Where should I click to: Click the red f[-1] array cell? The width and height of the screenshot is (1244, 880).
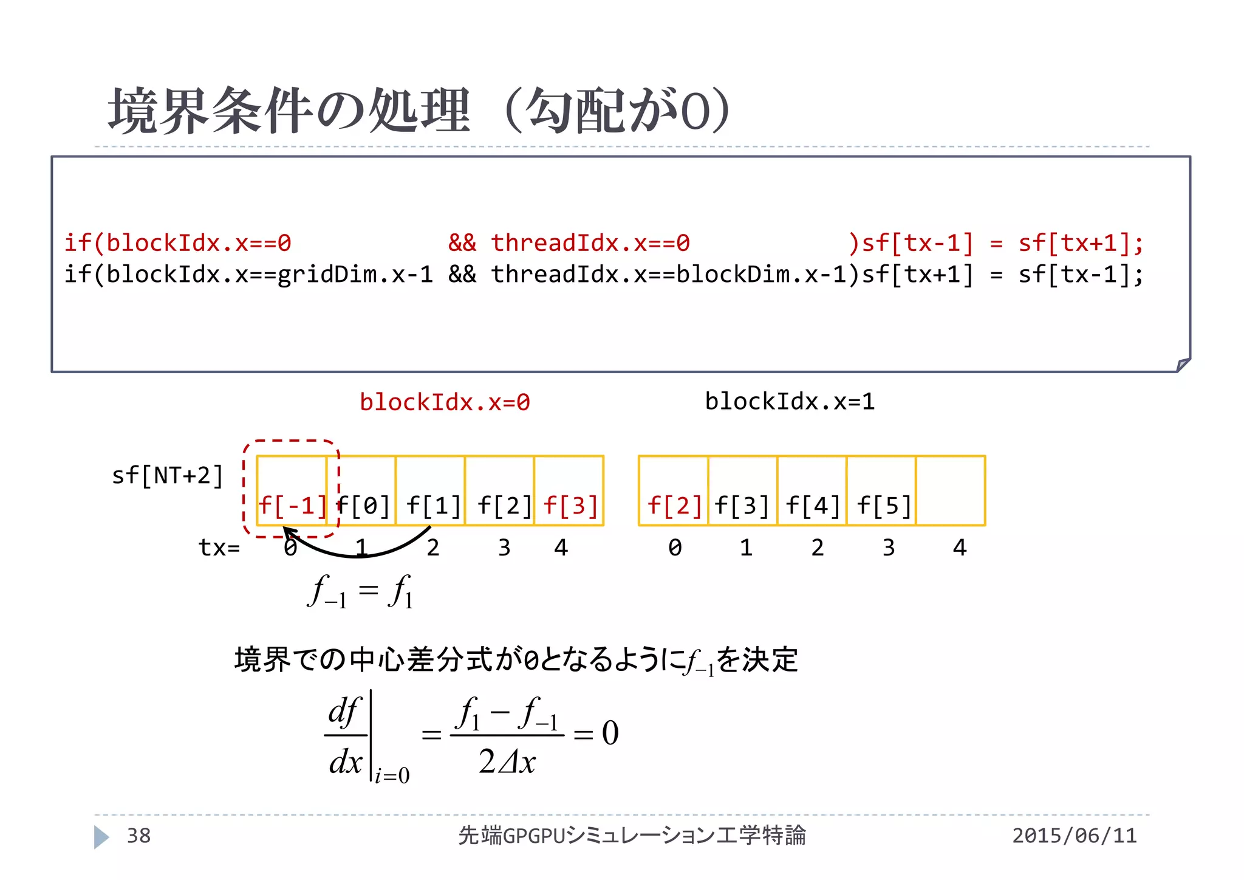[292, 491]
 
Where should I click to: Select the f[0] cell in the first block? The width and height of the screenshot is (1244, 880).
[361, 491]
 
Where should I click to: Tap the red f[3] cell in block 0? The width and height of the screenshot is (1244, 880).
[569, 491]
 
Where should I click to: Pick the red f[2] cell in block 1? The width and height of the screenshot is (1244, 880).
[674, 491]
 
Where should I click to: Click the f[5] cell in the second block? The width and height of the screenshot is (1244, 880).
[882, 491]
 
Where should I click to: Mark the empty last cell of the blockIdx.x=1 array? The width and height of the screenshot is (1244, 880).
[951, 491]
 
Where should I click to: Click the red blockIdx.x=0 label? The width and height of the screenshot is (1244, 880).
[445, 402]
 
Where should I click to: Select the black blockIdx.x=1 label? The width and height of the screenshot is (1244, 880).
[790, 402]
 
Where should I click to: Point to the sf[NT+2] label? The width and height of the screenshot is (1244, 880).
[168, 475]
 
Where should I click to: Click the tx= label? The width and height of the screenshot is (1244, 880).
[219, 548]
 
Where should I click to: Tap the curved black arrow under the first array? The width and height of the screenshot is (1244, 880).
[358, 552]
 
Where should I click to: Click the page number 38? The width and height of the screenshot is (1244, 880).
[138, 836]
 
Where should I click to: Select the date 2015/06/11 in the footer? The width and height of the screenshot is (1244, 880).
[1074, 836]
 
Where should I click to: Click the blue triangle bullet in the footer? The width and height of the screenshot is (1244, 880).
[101, 837]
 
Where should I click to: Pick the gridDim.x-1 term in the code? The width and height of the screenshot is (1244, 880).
[355, 275]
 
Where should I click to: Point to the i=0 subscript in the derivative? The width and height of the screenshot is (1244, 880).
[392, 776]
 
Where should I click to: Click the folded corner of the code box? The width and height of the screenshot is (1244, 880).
[1183, 365]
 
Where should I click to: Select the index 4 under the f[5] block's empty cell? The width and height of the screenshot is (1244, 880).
[960, 548]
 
